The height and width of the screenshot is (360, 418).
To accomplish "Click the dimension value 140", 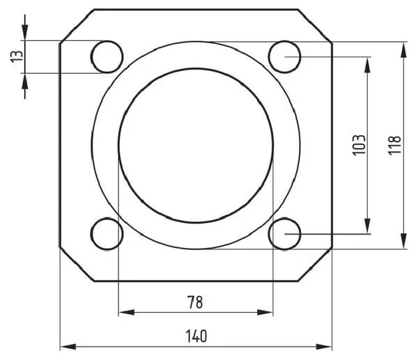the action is pos(196,336).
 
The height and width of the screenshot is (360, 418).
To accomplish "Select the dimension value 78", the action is pos(195,302).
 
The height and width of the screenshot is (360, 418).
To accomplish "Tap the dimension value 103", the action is pos(359,145).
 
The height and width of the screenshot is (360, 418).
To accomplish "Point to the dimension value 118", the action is pos(394,146).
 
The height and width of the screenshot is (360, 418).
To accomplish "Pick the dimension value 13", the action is pos(17,56).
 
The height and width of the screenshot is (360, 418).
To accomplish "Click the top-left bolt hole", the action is pos(107,57).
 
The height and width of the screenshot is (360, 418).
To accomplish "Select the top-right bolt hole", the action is pos(285,57).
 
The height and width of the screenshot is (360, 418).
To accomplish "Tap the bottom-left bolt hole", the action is pos(107,234).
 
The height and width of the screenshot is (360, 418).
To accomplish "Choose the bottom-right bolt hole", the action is pos(285,234).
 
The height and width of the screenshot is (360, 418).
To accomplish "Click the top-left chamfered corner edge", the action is pos(77,26).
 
